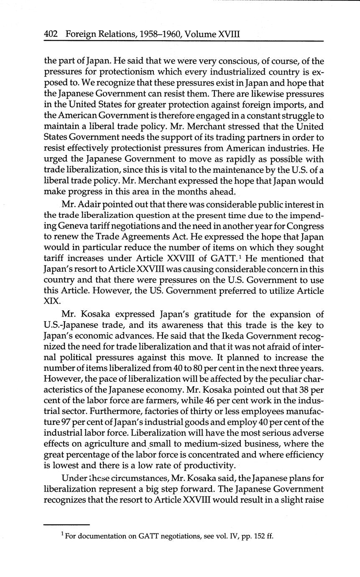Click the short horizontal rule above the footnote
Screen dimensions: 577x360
click(66, 525)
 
